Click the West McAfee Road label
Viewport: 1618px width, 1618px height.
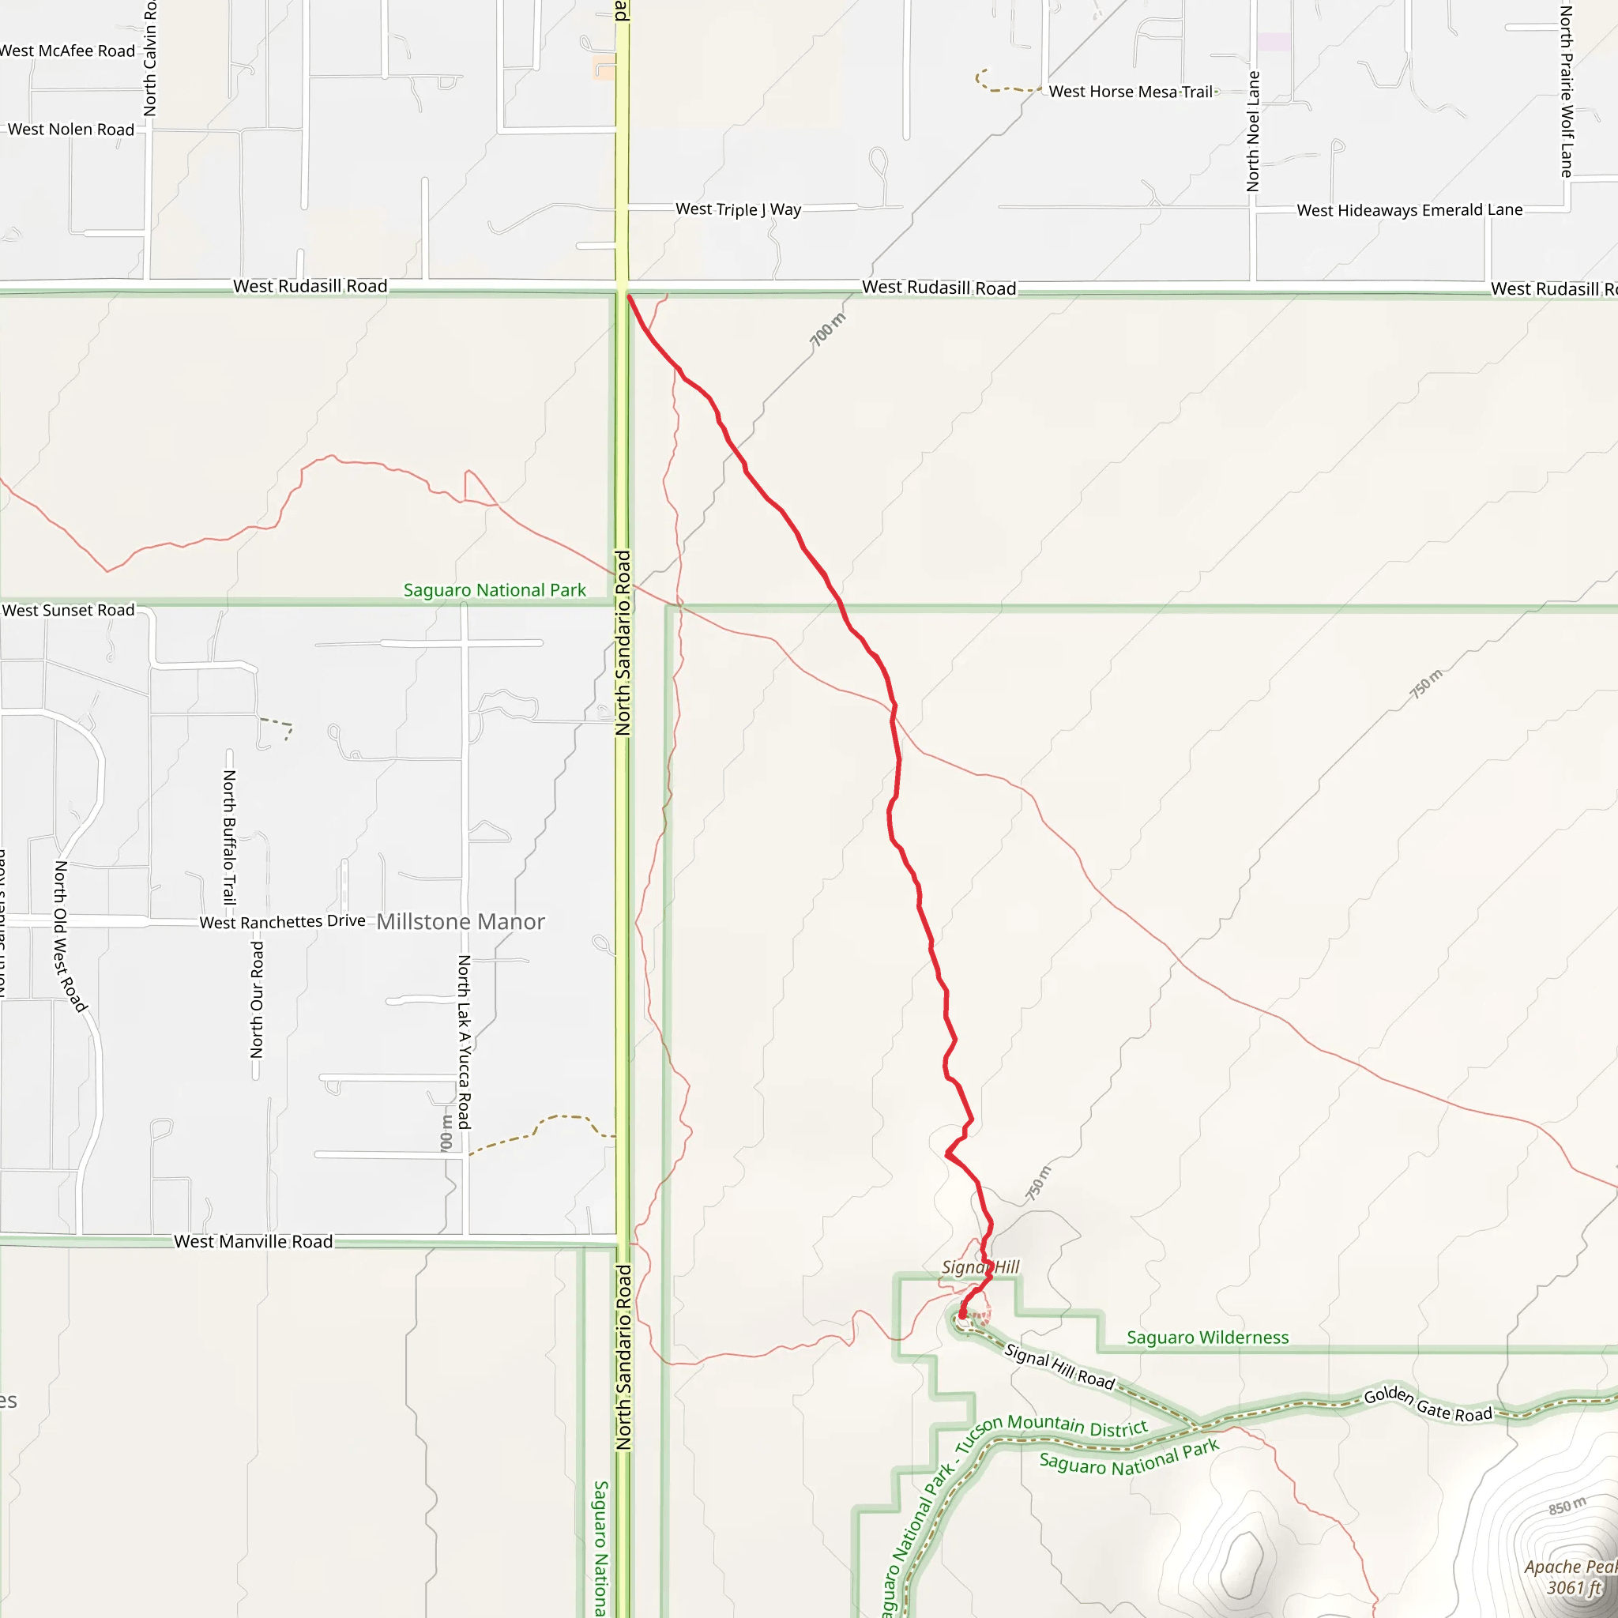point(68,51)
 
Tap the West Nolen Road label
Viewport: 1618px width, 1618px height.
point(71,130)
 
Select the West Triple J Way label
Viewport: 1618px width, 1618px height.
point(738,209)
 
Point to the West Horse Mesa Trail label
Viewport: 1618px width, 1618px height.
point(1131,92)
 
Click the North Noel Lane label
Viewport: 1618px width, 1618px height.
point(1253,131)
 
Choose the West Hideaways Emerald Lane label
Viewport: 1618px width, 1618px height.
point(1409,210)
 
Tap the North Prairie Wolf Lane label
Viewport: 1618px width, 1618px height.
point(1566,92)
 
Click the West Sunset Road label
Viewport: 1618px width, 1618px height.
point(69,611)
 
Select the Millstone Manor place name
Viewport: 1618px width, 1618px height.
point(461,922)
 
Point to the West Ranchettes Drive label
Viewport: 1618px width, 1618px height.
point(282,922)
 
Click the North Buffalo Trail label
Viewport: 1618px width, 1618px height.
point(228,837)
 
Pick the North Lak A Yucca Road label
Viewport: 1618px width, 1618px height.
point(464,1042)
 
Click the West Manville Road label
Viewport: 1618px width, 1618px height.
point(253,1242)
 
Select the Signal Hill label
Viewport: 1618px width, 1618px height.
point(980,1267)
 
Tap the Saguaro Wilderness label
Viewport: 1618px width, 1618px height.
point(1208,1338)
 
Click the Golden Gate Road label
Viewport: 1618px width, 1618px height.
point(1428,1405)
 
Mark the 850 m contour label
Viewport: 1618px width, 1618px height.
point(1567,1506)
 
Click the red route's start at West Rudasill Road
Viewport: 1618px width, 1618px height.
point(628,296)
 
